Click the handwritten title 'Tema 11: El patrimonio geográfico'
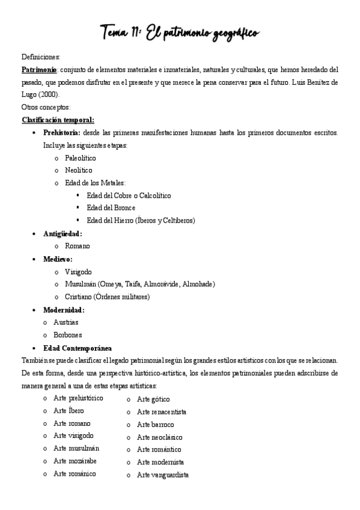pos(180,31)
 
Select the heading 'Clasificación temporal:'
pos(58,120)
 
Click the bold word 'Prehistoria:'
pos(63,132)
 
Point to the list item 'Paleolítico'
pos(80,158)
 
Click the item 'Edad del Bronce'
pos(111,207)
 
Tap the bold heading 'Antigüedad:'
pos(63,233)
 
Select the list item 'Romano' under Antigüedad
pos(78,246)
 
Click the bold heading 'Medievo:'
pos(58,259)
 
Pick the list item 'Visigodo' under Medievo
pos(79,272)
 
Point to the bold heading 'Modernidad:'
pos(64,310)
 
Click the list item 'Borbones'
pos(68,335)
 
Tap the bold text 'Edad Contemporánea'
pos(78,348)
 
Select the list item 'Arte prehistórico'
pos(78,398)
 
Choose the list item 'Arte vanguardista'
pos(162,475)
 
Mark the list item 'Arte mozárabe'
pos(75,461)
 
